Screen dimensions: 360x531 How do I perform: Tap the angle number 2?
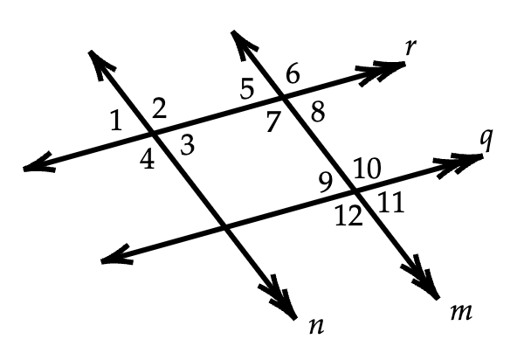[159, 108]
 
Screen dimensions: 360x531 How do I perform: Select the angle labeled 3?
[186, 146]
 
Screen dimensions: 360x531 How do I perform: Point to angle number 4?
[148, 161]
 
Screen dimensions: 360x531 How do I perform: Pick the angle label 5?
[247, 87]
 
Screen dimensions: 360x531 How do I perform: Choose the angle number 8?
[316, 111]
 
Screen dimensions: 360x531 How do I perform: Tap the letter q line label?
[486, 141]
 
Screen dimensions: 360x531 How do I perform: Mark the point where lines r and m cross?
[279, 97]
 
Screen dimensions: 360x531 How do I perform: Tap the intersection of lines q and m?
[354, 190]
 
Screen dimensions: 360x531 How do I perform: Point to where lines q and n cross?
[227, 227]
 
